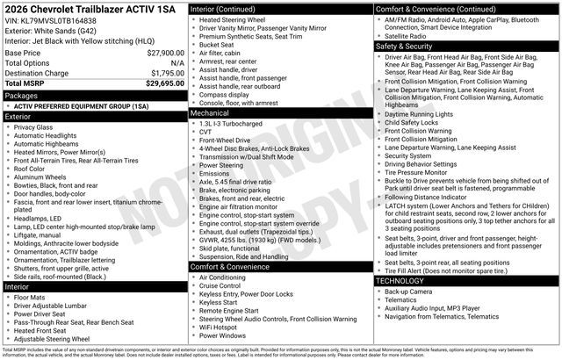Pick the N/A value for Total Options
[x=177, y=63]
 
